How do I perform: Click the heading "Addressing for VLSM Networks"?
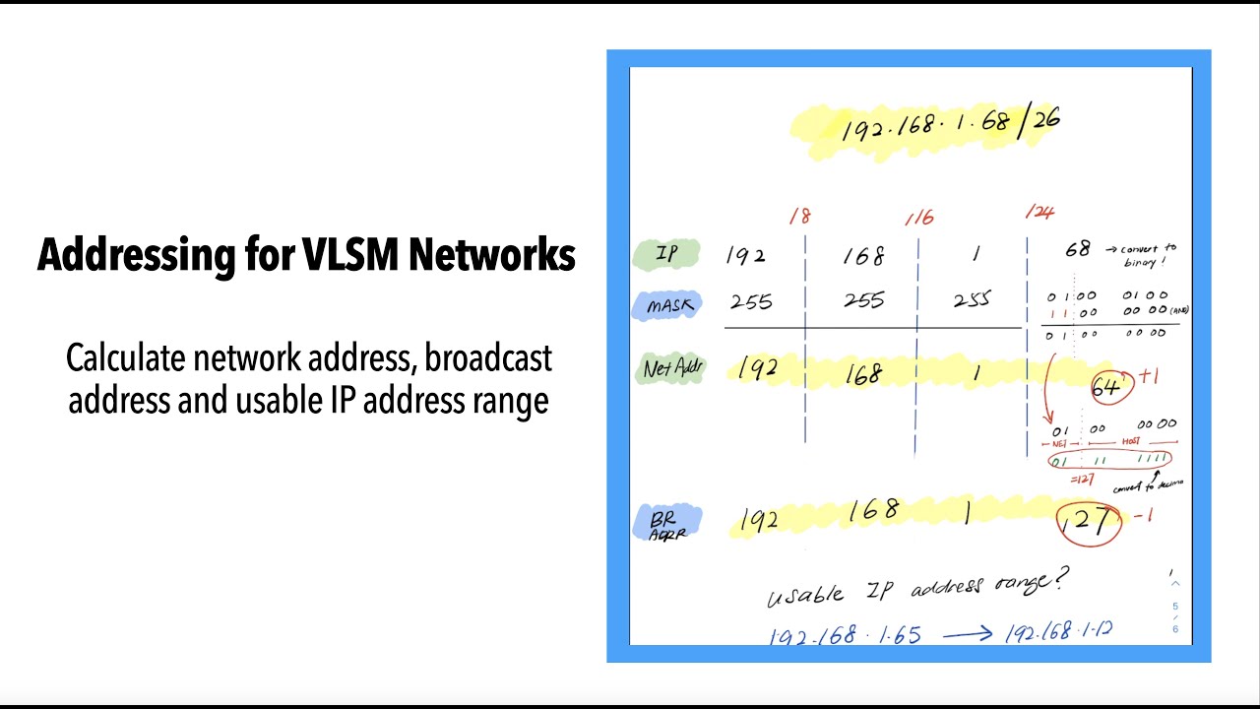pyautogui.click(x=306, y=255)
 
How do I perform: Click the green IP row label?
pyautogui.click(x=666, y=254)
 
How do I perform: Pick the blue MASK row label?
pyautogui.click(x=669, y=305)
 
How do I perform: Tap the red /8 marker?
pyautogui.click(x=799, y=217)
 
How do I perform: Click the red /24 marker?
pyautogui.click(x=1039, y=212)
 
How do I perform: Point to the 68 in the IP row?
pyautogui.click(x=1077, y=250)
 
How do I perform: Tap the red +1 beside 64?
pyautogui.click(x=1150, y=377)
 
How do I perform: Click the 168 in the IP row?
pyautogui.click(x=863, y=256)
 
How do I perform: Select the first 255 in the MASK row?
pyautogui.click(x=751, y=302)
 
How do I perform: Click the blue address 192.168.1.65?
pyautogui.click(x=845, y=635)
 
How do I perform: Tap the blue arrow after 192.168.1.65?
pyautogui.click(x=967, y=634)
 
